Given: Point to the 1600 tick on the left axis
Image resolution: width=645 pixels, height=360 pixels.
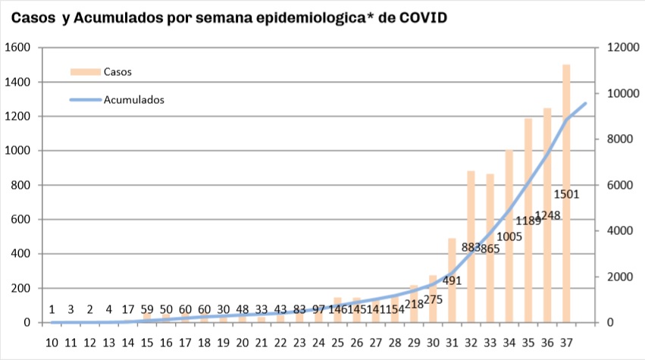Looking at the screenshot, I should (17, 48).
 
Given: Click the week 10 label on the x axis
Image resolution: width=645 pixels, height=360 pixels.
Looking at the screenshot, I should (52, 342).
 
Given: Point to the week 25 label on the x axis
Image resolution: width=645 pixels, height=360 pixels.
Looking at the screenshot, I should (337, 342).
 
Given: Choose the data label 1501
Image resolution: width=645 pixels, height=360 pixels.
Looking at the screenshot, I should (566, 194).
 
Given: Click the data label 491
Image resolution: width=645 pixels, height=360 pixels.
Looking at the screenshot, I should (452, 280).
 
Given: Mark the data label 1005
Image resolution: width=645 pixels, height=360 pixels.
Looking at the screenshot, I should (509, 236).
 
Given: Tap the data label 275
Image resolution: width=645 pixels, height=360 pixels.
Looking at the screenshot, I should (433, 299).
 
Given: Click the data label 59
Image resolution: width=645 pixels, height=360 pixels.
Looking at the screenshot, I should (147, 309).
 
